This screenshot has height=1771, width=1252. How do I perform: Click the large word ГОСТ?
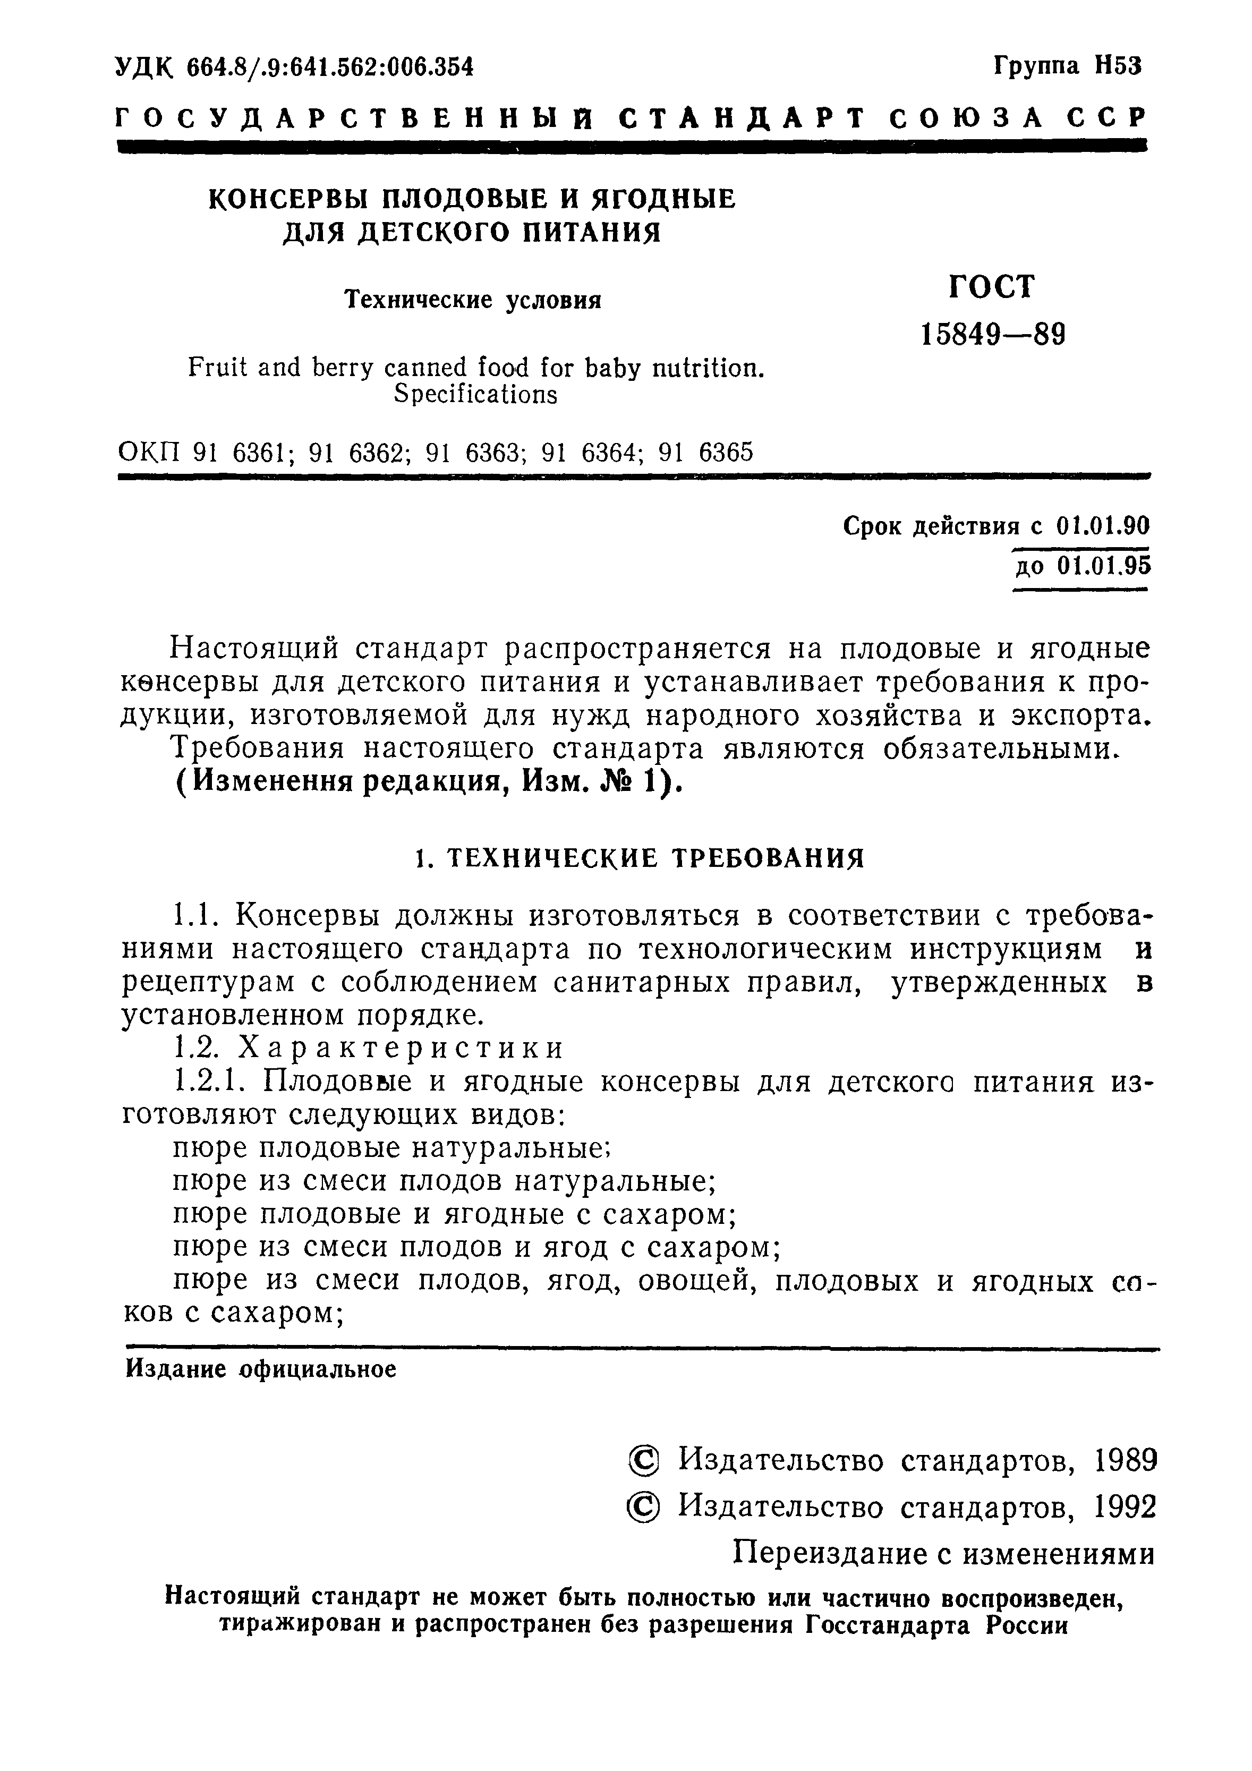[x=991, y=287]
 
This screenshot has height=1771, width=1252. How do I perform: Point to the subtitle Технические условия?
[x=472, y=299]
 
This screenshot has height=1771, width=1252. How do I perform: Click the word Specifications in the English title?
[x=475, y=394]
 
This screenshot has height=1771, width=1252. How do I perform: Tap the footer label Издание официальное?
[x=261, y=1369]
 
